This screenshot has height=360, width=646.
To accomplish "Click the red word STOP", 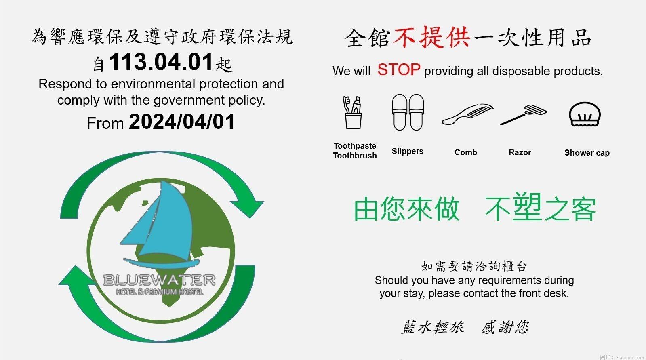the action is [399, 69].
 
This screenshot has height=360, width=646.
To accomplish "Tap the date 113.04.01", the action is [161, 62].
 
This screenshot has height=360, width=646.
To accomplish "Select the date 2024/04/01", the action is [182, 122].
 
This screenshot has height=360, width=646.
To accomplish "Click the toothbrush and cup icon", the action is [352, 112].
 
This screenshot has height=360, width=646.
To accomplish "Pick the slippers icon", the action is [408, 112].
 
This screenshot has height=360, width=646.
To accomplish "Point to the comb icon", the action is [467, 114].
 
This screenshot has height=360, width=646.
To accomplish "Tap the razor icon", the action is [524, 114].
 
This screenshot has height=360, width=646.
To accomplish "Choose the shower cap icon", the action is [585, 114].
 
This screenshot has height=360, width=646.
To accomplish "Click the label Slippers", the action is [407, 151].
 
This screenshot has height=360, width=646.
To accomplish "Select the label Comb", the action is [465, 152].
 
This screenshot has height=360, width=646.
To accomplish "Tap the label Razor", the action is [520, 152].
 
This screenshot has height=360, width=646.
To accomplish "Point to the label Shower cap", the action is [587, 153].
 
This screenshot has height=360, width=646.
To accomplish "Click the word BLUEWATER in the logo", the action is [159, 280].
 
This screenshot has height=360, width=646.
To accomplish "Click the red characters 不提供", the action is [432, 38].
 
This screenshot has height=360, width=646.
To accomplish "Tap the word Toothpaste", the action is [355, 146].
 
